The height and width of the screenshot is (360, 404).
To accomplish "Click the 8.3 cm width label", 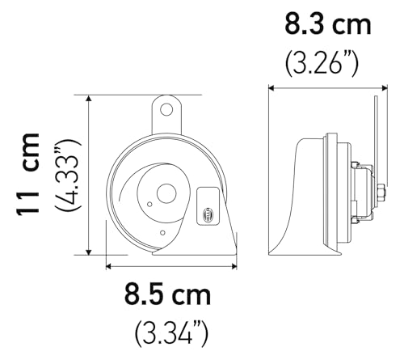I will tap(327, 23).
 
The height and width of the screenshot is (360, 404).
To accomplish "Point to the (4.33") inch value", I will tap(68, 174).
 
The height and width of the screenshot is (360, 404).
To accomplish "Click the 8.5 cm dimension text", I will tap(167, 294).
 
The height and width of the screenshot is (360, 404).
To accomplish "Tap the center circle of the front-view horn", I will tap(166, 193).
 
